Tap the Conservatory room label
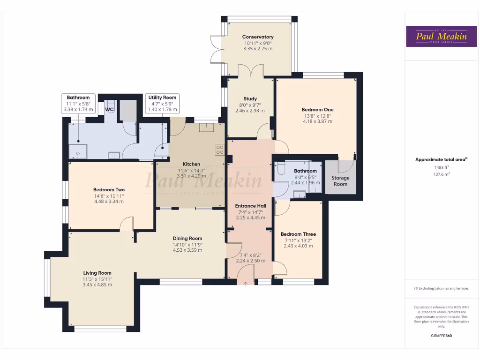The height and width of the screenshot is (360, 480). (258, 37)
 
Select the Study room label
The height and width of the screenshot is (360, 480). (250, 99)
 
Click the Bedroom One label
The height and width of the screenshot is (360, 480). (317, 110)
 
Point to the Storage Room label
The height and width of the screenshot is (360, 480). (340, 181)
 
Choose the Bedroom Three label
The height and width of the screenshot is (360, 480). (298, 234)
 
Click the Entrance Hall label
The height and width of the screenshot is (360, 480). (250, 206)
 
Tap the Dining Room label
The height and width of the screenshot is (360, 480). (187, 238)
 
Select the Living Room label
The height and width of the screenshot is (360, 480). (97, 273)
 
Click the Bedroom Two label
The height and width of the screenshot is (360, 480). (109, 190)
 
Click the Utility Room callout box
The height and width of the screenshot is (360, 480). (162, 103)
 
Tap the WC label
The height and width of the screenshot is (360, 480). (109, 110)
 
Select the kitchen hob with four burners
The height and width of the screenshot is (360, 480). (219, 149)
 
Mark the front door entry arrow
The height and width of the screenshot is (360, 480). (246, 283)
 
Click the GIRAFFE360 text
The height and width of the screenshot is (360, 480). (441, 336)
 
